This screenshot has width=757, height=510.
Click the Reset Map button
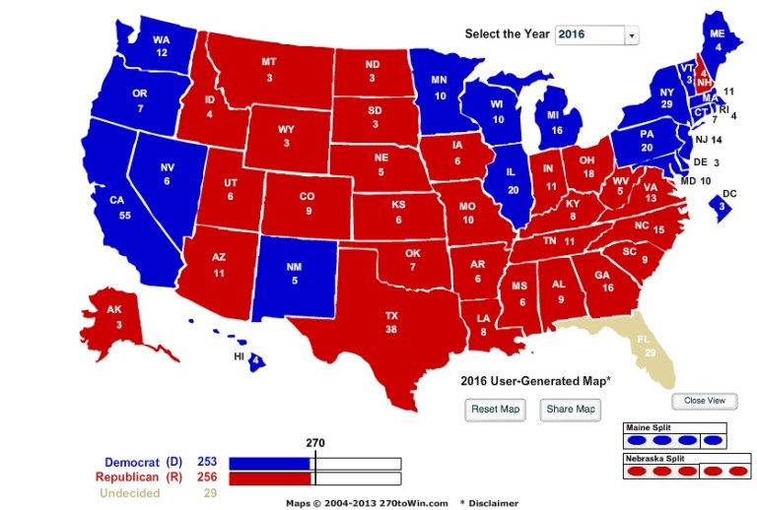pos(495,410)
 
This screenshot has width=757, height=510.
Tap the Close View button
pos(704,401)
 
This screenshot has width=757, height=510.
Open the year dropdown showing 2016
pos(597,34)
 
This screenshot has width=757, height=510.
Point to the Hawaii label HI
pos(239,355)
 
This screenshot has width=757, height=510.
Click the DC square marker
pos(723,205)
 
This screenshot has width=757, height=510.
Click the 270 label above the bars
pos(314,443)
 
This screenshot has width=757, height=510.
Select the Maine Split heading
pos(652,428)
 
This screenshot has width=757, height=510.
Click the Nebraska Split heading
pos(657,459)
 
